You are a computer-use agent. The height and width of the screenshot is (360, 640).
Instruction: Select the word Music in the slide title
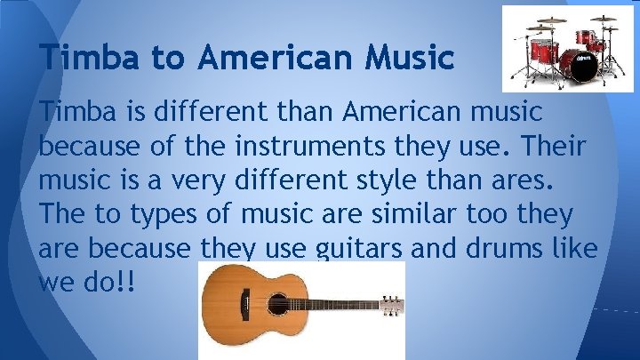tap(404, 59)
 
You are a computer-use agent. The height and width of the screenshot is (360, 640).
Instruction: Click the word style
tap(413, 179)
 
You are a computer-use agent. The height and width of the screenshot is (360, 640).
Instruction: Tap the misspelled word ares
tap(521, 179)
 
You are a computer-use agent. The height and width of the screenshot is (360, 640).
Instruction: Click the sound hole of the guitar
tap(277, 303)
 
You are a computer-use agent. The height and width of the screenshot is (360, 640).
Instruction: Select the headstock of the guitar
tap(390, 304)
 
